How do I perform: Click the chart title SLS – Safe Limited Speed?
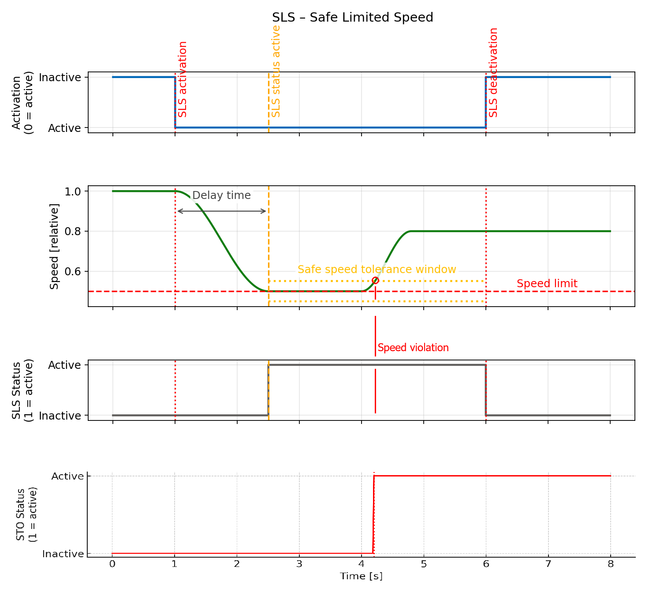352,18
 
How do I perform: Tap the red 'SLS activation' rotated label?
183,79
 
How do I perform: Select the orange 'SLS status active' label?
276,71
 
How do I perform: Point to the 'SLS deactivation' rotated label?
493,73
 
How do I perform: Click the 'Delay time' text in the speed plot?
221,195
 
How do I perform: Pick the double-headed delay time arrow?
221,211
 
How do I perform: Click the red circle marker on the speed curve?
375,281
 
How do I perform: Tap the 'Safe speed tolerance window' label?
377,270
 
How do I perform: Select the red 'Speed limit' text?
547,284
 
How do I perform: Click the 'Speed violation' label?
413,348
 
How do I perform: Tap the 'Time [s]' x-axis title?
361,576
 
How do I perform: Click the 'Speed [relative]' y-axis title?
54,246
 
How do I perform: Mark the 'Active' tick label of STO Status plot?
67,476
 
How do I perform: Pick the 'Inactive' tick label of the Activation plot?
60,78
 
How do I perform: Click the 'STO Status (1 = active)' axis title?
26,514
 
